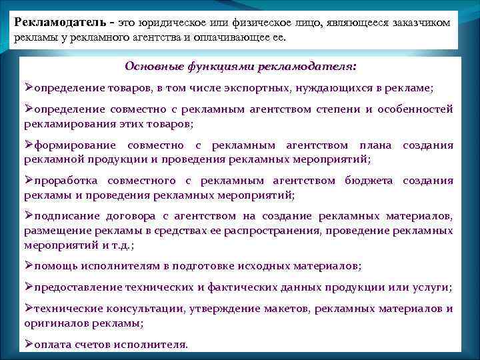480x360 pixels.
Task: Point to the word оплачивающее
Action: point(237,37)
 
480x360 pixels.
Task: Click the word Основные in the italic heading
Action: point(149,67)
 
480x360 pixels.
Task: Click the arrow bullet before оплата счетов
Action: point(29,344)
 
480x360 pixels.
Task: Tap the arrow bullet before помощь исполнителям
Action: point(29,265)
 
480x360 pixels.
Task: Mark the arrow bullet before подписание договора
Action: point(29,217)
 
